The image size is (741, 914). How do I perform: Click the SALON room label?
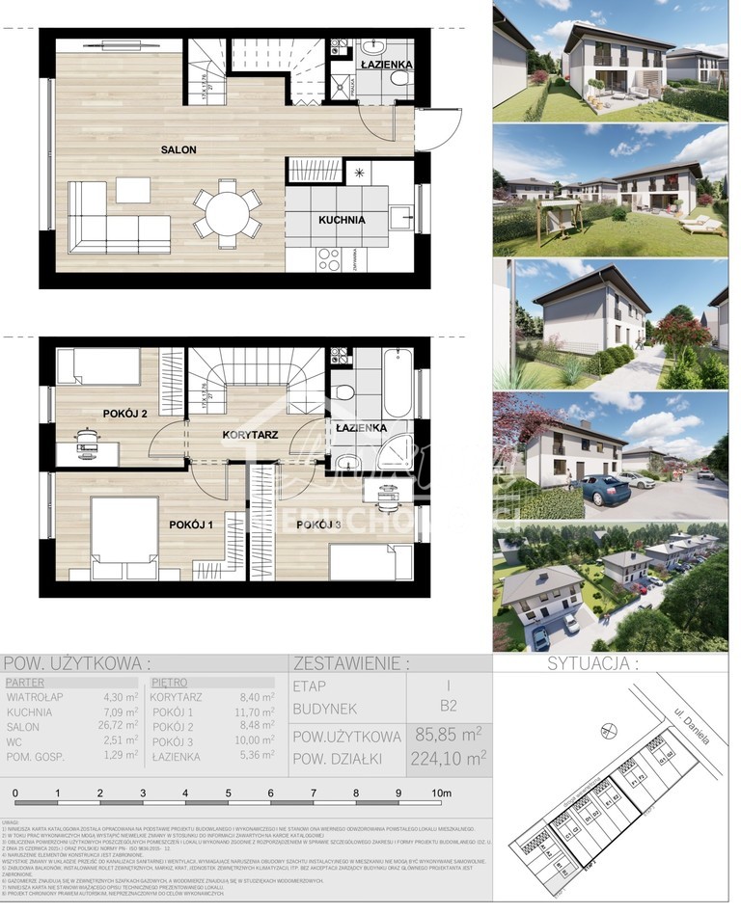pyautogui.click(x=179, y=149)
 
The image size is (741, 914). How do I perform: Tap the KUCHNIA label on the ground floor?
pyautogui.click(x=343, y=220)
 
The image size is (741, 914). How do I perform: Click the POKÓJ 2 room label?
pyautogui.click(x=124, y=414)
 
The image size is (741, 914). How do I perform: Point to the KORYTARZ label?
pyautogui.click(x=251, y=435)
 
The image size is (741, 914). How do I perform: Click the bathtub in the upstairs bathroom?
pyautogui.click(x=397, y=379)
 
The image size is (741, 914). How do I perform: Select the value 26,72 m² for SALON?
pyautogui.click(x=120, y=726)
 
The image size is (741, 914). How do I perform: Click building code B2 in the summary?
pyautogui.click(x=448, y=707)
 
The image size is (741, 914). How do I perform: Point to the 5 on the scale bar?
pyautogui.click(x=229, y=794)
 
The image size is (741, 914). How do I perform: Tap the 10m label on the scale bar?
pyautogui.click(x=441, y=794)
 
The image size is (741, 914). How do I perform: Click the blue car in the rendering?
pyautogui.click(x=606, y=490)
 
